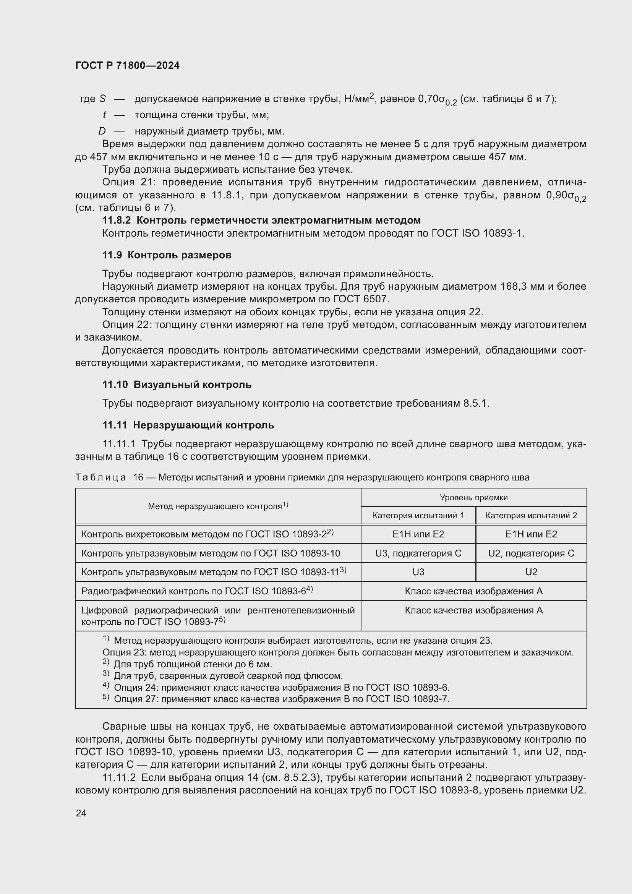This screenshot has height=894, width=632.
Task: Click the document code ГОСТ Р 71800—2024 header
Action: point(127,65)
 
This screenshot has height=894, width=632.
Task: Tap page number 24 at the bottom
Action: point(81,813)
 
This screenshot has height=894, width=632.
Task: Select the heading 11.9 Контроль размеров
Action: point(167,255)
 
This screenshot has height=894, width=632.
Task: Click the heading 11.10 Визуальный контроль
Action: point(177,385)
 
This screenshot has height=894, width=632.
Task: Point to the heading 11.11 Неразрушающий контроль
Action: point(188,425)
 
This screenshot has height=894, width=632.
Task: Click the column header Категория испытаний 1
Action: point(418,516)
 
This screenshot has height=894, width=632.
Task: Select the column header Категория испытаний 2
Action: point(531,516)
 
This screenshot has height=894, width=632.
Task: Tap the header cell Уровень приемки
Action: point(473,497)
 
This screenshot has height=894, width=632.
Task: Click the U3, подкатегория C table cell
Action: point(418,553)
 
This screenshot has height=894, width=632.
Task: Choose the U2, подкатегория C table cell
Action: point(531,553)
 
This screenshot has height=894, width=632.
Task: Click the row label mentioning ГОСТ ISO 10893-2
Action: point(207,534)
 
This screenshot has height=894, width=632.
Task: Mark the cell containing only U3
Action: point(418,572)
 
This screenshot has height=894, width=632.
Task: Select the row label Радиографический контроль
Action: point(197,591)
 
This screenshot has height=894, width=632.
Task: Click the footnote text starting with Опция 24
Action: point(281,687)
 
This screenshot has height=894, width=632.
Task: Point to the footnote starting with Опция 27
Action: point(281,699)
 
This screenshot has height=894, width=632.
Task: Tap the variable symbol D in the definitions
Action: point(102,131)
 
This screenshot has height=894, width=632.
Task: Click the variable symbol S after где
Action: point(102,99)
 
